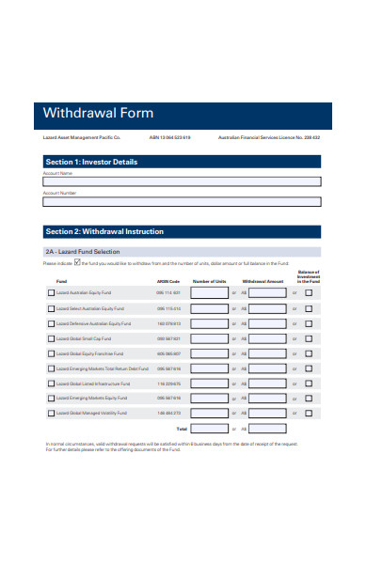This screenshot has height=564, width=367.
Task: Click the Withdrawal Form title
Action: pos(98,114)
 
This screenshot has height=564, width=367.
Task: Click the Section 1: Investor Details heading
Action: pos(91,162)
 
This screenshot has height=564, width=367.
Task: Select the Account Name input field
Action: pos(182,182)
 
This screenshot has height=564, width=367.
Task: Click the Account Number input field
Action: pos(182,201)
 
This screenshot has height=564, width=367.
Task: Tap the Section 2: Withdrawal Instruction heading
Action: pos(104,231)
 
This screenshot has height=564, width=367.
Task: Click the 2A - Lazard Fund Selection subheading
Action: pos(83,252)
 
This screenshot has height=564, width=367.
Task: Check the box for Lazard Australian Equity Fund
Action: pos(51,292)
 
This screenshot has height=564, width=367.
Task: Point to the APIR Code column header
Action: pos(168,281)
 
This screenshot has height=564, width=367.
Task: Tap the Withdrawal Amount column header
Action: pos(263,281)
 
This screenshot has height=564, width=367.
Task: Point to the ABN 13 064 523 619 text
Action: pos(169,137)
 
